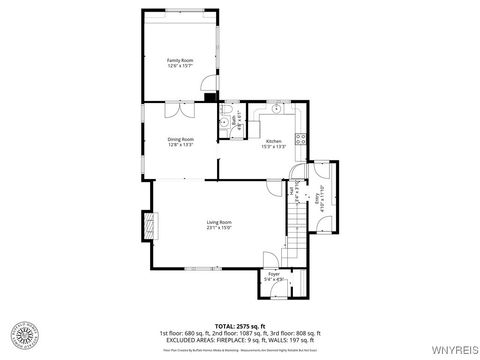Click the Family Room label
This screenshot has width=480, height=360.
click(x=179, y=63)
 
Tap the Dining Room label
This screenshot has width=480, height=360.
click(x=179, y=142)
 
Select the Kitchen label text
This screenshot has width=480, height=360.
click(x=273, y=144)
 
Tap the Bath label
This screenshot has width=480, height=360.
click(x=233, y=123)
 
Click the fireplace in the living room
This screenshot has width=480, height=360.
click(x=149, y=225)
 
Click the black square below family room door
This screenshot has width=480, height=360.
click(x=208, y=98)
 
